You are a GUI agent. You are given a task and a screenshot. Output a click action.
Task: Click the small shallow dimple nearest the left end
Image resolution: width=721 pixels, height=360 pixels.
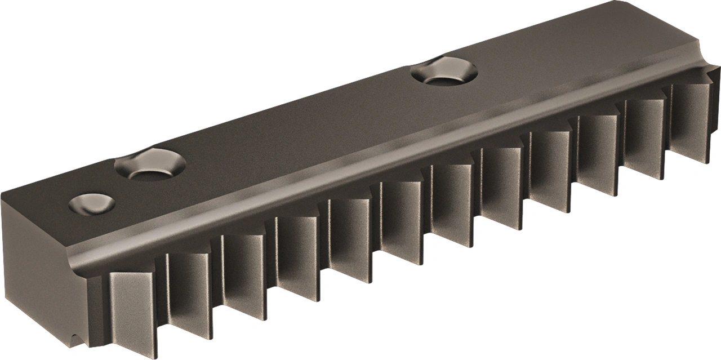point(91,203)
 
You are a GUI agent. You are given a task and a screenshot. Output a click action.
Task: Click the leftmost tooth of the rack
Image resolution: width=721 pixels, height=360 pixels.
point(133,310)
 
